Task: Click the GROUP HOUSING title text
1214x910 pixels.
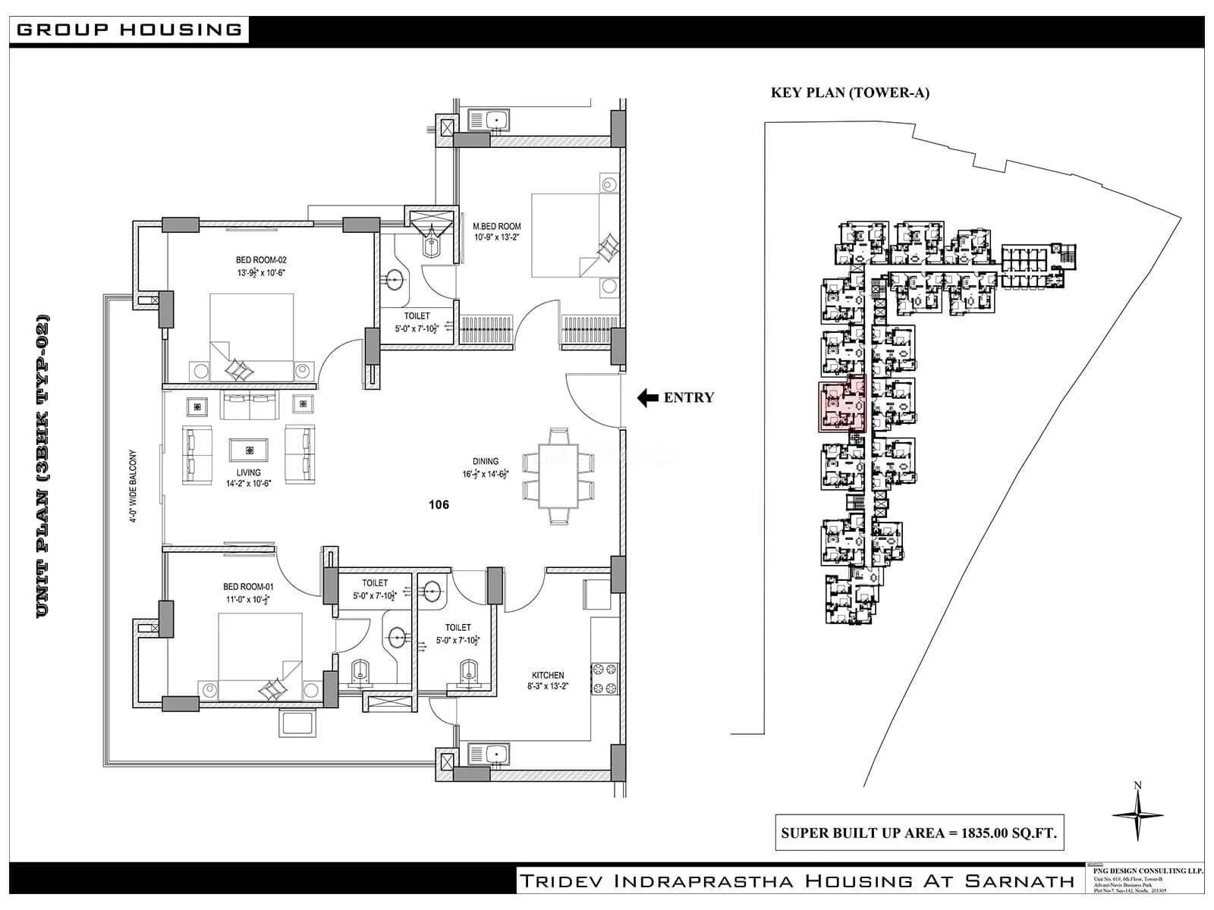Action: (x=129, y=30)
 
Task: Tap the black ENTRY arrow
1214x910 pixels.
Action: (x=647, y=397)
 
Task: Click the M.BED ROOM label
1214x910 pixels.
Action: (x=497, y=226)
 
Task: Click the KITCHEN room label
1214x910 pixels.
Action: (x=547, y=675)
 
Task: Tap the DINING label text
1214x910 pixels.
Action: (x=486, y=461)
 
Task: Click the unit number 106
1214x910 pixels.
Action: (x=439, y=504)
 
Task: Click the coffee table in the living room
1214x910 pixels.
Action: (x=250, y=450)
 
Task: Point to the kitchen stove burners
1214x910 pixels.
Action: (x=608, y=678)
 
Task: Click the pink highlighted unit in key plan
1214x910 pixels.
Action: (x=841, y=406)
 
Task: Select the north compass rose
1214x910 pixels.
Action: (x=1137, y=814)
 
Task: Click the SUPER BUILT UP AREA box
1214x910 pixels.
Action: (x=918, y=833)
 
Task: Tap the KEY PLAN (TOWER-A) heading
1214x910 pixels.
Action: (x=850, y=93)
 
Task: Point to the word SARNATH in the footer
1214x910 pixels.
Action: (x=1019, y=880)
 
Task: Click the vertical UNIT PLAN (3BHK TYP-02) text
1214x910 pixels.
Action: (x=43, y=466)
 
